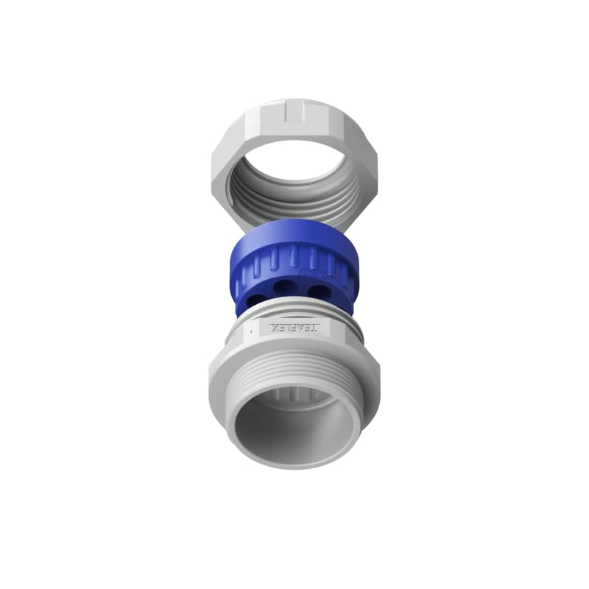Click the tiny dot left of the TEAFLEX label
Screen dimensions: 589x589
(x=252, y=332)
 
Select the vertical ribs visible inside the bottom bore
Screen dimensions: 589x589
(x=294, y=398)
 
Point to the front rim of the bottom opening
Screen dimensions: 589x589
(x=294, y=464)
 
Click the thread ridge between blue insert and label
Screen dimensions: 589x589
(x=294, y=314)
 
